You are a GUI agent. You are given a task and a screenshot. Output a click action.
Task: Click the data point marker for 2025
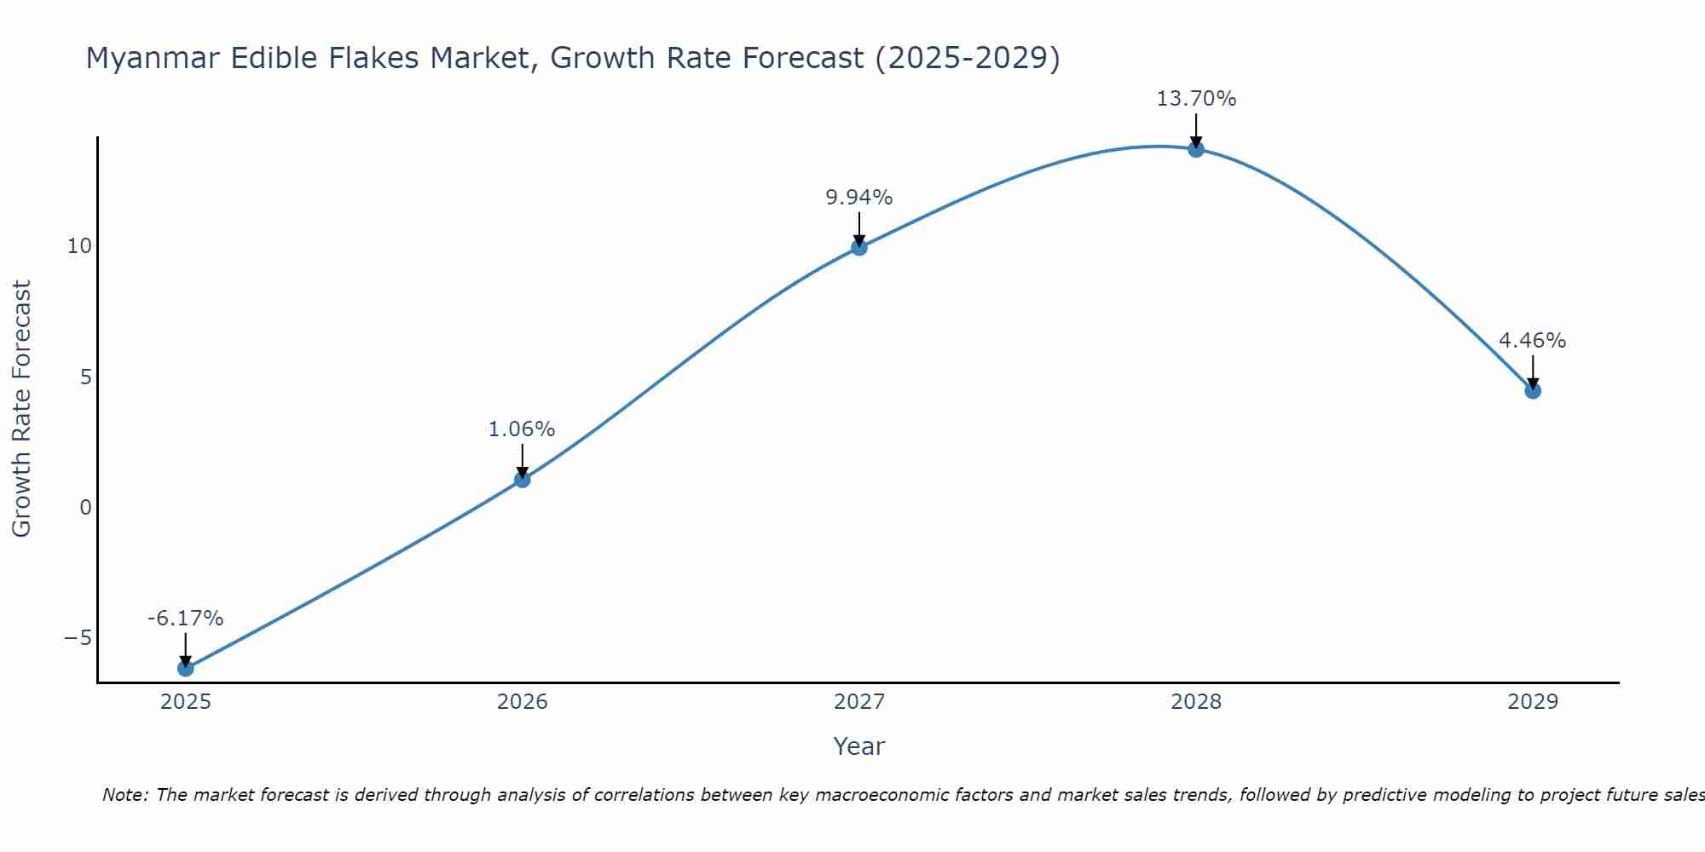coord(185,668)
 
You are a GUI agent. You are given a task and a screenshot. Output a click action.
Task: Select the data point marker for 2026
coord(522,479)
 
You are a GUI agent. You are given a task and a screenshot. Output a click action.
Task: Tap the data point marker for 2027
coord(858,247)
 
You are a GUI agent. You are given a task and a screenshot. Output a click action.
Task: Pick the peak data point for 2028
coord(1195,149)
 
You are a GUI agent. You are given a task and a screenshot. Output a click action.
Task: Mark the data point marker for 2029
coord(1532,391)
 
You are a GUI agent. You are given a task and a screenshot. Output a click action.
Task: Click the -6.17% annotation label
coord(185,619)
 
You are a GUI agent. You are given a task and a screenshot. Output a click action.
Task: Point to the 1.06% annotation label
coord(522,429)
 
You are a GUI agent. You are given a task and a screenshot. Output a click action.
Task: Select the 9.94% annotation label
coord(858,198)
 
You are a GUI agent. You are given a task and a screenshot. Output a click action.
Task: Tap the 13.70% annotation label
coord(1195,99)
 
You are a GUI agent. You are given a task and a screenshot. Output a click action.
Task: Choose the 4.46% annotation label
coord(1532,341)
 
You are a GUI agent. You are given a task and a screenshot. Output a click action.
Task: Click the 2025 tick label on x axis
coord(185,702)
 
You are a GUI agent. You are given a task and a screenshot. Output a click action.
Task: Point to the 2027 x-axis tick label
coord(858,702)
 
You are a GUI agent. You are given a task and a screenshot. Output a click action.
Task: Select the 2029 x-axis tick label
coord(1532,702)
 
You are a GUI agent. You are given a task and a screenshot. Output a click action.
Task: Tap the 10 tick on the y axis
coord(79,246)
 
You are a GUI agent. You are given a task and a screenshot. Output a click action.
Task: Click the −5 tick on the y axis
coord(78,638)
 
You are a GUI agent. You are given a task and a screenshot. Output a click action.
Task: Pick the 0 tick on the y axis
coord(85,508)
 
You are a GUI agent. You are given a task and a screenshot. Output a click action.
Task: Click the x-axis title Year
coord(858,746)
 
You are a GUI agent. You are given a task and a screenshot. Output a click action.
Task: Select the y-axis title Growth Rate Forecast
coord(21,408)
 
